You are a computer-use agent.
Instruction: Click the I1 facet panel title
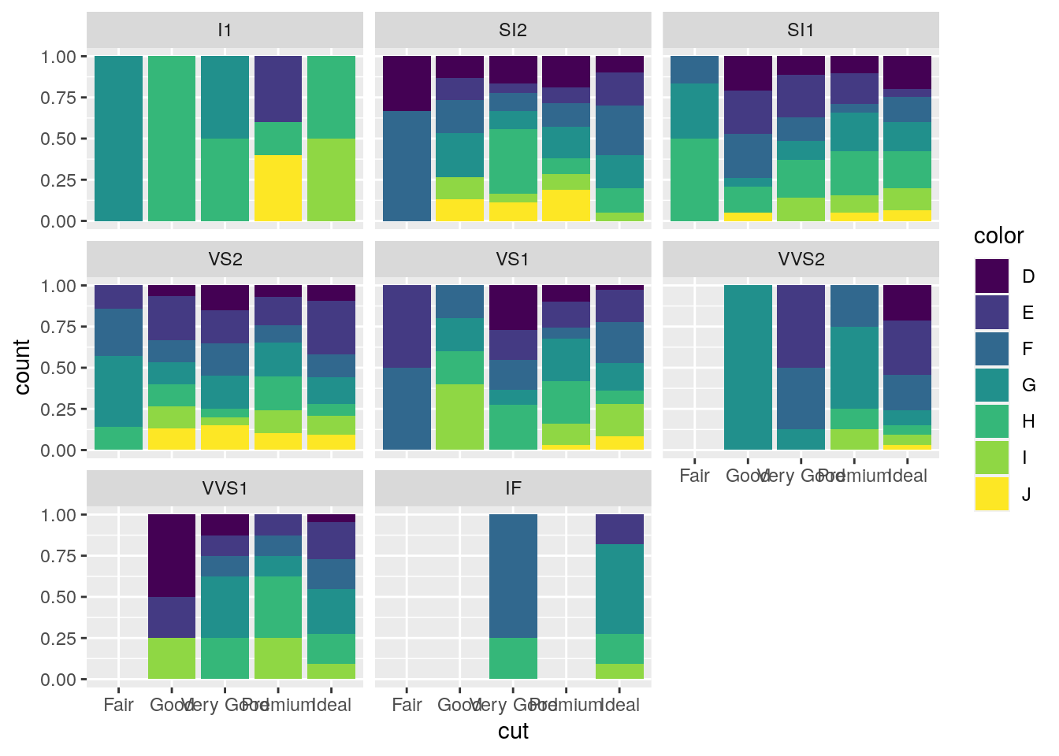225,31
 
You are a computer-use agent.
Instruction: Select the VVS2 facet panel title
801,260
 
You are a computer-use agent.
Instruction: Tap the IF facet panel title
513,489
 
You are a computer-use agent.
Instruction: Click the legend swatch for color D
991,276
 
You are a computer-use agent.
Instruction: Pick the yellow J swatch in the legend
991,494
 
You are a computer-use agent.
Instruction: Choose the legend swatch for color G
991,385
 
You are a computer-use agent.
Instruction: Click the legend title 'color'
998,236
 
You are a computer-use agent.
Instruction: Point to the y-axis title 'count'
22,367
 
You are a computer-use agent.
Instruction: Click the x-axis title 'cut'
513,732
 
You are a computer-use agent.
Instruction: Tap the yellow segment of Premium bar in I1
278,188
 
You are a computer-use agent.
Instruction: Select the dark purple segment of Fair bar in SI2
407,83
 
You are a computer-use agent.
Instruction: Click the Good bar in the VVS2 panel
748,367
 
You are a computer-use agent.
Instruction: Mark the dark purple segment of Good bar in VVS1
172,555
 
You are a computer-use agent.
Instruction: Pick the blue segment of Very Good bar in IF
513,576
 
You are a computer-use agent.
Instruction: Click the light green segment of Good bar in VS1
460,417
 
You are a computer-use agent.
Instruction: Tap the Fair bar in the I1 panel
118,139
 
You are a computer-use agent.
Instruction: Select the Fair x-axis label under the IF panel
407,705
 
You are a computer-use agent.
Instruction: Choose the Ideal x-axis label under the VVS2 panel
907,476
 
